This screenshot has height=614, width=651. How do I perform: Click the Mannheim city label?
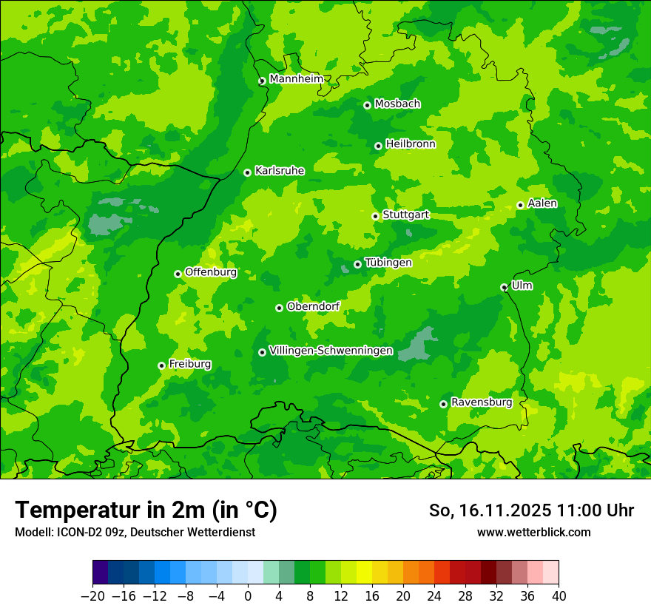coord(296,78)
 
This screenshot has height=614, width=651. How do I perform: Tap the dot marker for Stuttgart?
coord(375,216)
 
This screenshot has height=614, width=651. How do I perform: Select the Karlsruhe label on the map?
coord(279,170)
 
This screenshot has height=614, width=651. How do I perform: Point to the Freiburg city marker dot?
coord(161,365)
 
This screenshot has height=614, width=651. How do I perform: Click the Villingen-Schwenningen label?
coord(331,350)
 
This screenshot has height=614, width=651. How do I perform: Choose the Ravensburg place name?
coord(481,402)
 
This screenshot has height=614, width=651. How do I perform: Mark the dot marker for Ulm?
coord(504,287)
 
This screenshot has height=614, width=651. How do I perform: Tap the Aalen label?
coord(542,203)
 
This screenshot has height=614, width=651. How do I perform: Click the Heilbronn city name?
coord(410,144)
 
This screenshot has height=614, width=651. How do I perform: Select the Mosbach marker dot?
coord(367,105)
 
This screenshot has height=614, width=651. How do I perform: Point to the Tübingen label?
coord(388,262)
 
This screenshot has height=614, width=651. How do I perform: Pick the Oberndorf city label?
coord(313,306)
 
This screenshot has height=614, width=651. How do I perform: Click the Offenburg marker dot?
coord(178,274)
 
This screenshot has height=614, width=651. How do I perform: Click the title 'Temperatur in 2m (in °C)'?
coord(146,510)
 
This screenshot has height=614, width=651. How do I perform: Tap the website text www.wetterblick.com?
coord(533,532)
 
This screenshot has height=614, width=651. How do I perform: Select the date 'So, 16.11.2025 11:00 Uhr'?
coord(531,510)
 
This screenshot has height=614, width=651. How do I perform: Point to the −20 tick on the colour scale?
coord(92,596)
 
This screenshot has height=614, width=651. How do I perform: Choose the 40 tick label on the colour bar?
coord(559,596)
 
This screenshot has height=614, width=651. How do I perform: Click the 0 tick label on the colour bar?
coord(248,596)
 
